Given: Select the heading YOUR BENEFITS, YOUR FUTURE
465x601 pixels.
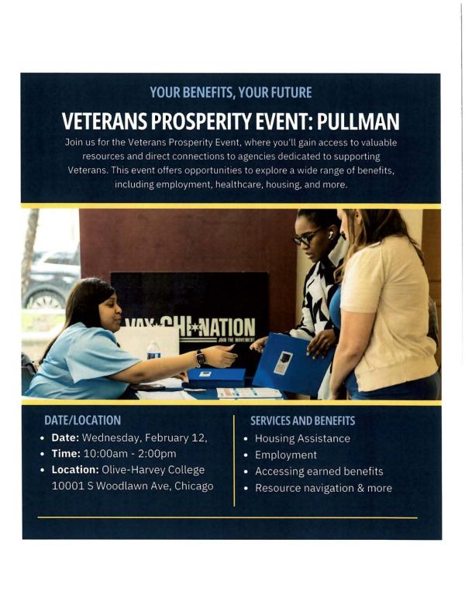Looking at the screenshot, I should [231, 93].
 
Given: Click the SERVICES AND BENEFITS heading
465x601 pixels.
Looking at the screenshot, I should [302, 420].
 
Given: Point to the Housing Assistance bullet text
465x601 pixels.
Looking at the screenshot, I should [302, 438].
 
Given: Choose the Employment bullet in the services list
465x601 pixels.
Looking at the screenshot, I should [286, 455].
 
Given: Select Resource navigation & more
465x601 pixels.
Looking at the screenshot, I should [323, 488].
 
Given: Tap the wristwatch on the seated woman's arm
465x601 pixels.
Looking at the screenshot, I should [201, 358].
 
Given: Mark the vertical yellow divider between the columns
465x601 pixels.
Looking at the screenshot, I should [234, 460].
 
